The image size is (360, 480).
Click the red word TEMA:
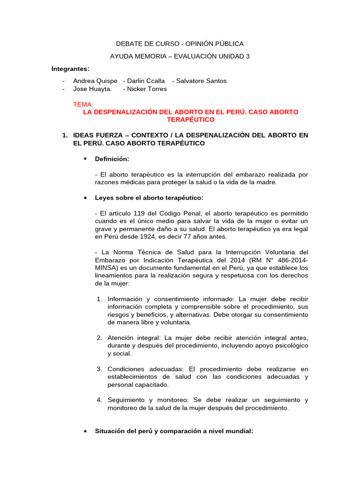tap(83, 104)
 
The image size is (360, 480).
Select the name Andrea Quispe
tap(95, 81)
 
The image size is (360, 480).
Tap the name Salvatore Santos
tap(201, 81)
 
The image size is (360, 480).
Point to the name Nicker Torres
tap(147, 89)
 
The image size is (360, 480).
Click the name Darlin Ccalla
tap(146, 81)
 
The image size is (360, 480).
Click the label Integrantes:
tap(70, 69)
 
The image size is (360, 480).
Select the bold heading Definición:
tap(112, 159)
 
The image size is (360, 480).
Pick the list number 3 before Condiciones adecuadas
tap(99, 369)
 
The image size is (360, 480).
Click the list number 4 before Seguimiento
tap(99, 400)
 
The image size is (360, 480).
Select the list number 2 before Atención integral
tap(99, 337)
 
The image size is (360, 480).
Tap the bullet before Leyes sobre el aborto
tap(85, 198)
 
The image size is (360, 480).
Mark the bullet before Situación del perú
tap(85, 431)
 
